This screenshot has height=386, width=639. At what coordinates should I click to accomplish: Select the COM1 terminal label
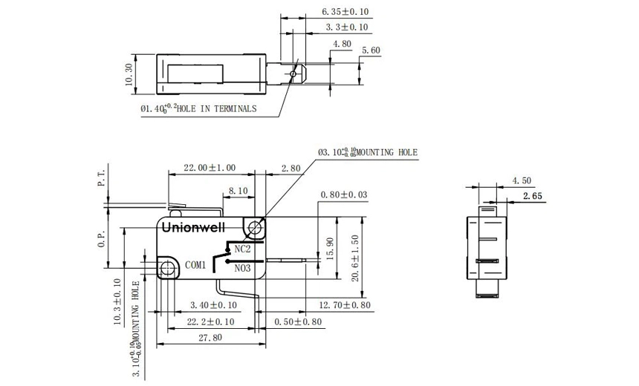(x=195, y=264)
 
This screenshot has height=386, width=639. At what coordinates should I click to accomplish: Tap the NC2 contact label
(x=242, y=249)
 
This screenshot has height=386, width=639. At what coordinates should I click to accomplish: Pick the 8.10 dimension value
(x=238, y=191)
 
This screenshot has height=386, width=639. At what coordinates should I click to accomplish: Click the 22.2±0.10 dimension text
(x=211, y=322)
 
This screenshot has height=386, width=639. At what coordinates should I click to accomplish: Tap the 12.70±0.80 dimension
(x=344, y=305)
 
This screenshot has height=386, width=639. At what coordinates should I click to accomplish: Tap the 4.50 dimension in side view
(x=522, y=180)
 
